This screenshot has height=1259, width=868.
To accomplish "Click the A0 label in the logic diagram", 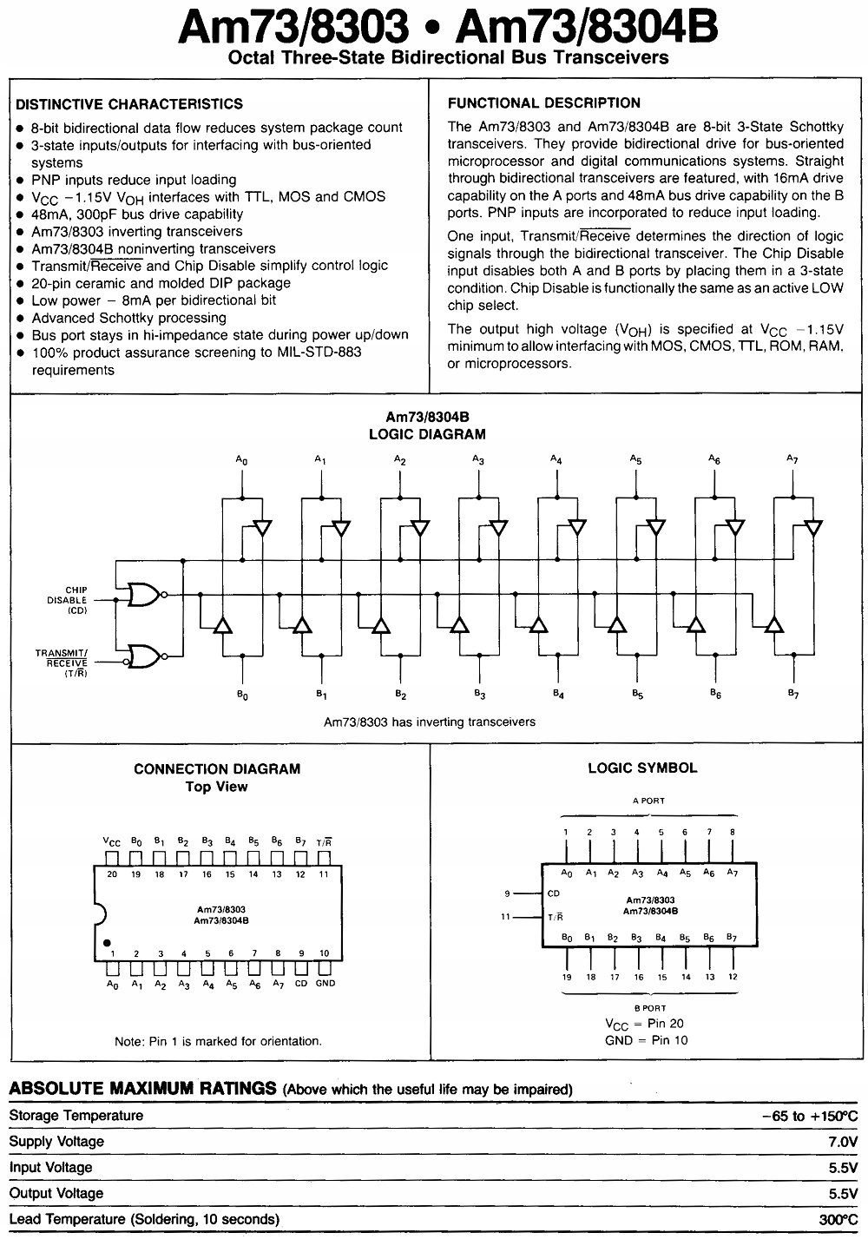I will pyautogui.click(x=242, y=460).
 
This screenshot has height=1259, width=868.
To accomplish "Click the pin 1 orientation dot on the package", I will pyautogui.click(x=106, y=943).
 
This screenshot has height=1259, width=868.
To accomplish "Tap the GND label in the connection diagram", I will pyautogui.click(x=325, y=984).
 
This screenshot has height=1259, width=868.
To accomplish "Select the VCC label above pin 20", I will pyautogui.click(x=111, y=841).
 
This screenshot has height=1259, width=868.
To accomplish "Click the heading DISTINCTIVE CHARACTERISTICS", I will pyautogui.click(x=130, y=104).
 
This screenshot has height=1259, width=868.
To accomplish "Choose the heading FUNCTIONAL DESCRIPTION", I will pyautogui.click(x=544, y=103).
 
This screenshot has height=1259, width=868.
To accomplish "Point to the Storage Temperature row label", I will pyautogui.click(x=76, y=1116).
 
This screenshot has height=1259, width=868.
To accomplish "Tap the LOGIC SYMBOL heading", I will pyautogui.click(x=642, y=768).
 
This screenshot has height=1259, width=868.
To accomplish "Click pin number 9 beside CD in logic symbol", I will pyautogui.click(x=508, y=893).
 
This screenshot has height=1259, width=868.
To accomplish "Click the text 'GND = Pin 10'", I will pyautogui.click(x=647, y=1040).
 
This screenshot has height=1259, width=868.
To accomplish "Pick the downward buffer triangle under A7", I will pyautogui.click(x=813, y=527).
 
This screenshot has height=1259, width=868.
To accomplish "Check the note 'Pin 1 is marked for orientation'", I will pyautogui.click(x=218, y=1041).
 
